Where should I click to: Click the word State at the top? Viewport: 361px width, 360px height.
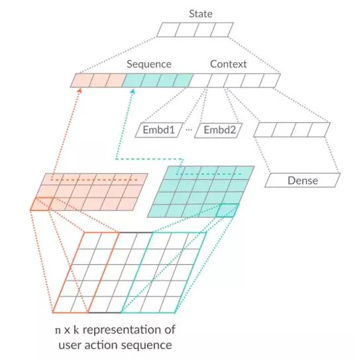pos(201,14)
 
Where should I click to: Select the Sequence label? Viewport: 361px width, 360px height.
pos(149,64)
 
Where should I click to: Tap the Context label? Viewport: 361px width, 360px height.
pos(229,64)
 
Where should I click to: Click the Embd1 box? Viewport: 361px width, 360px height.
pos(159,130)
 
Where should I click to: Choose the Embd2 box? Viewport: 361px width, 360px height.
pos(219,130)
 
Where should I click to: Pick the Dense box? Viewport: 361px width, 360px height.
pos(303,181)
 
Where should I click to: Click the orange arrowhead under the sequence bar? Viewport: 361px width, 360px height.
pos(79,91)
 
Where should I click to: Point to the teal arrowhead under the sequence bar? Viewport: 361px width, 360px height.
pos(132,91)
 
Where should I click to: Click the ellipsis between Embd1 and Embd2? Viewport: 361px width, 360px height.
pos(189,130)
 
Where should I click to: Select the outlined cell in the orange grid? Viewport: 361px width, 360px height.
pos(42,204)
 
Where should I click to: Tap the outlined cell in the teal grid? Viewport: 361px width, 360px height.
pos(227,210)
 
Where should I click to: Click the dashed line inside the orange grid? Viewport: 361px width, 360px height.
pos(95,180)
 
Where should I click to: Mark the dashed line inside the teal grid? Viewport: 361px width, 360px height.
pos(209,174)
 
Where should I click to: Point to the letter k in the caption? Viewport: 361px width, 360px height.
pos(76,330)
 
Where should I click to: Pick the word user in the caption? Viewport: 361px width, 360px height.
pos(70,345)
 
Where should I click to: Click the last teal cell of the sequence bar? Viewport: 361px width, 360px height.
pos(183,81)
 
